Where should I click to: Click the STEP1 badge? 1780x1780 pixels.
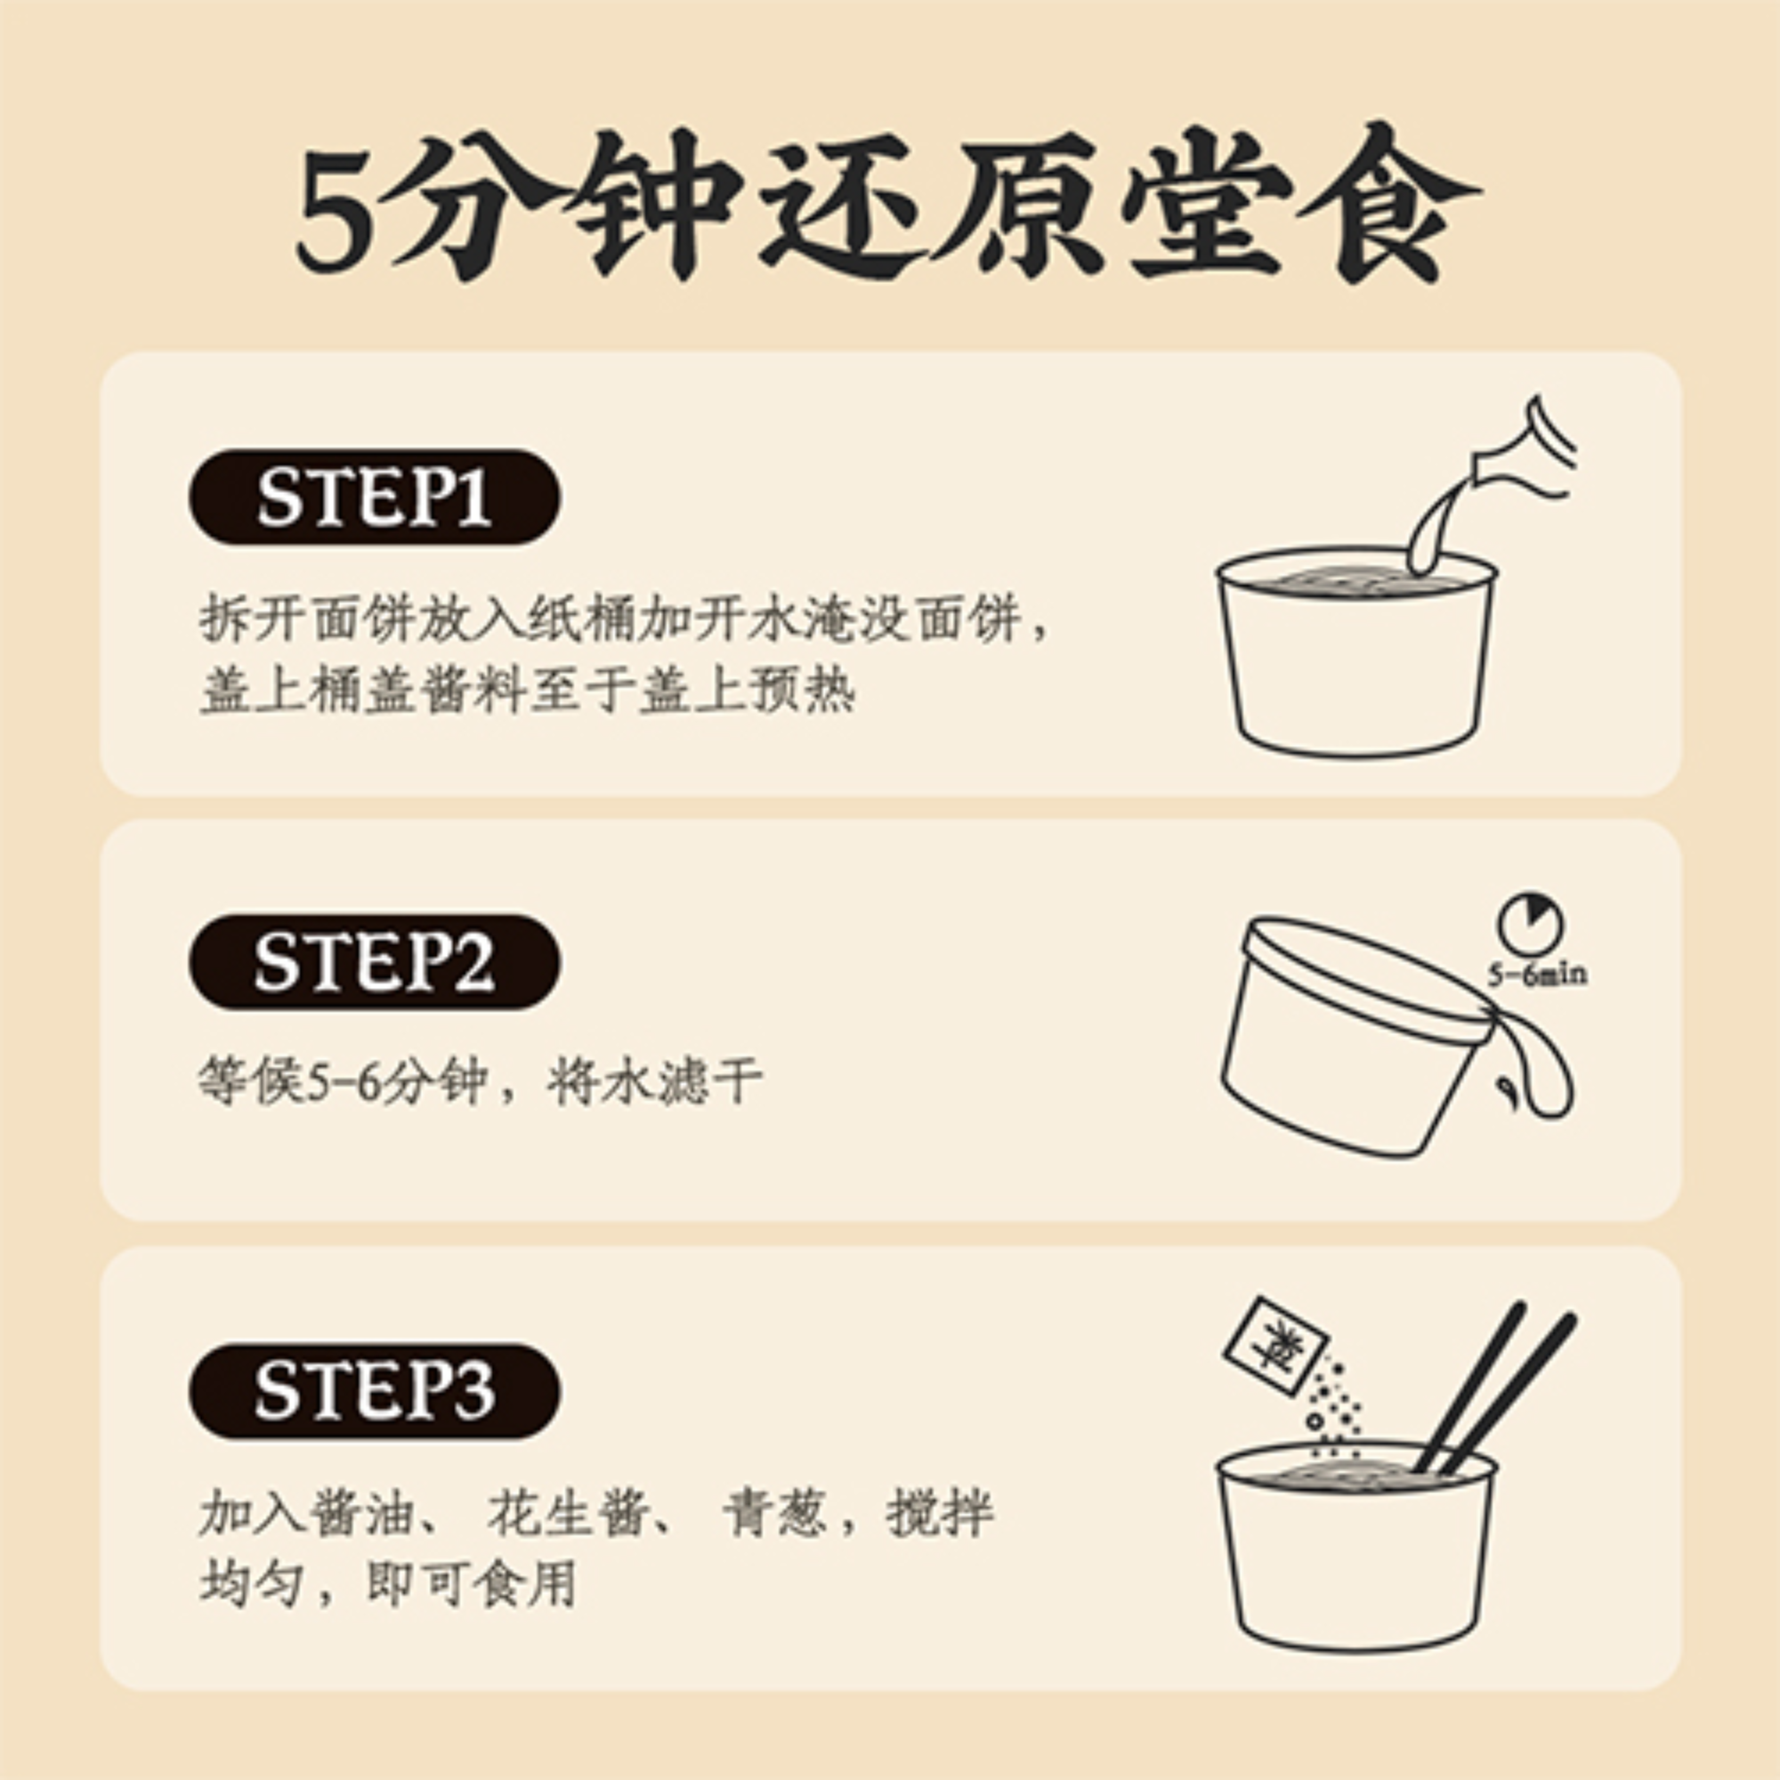pos(374,498)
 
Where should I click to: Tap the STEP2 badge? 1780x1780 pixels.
pos(374,963)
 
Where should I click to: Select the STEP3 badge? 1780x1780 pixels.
pos(374,1391)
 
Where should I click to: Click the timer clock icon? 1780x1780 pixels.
pos(1530,923)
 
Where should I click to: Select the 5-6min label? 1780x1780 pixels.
pos(1537,975)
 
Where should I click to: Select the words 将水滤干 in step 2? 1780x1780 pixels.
pos(655,1081)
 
